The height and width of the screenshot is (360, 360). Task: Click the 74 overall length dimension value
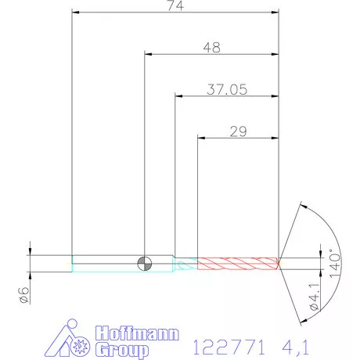(175, 5)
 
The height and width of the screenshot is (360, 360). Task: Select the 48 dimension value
(212, 48)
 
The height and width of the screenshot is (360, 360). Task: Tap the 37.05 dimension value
(227, 89)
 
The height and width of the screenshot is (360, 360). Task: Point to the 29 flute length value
(238, 131)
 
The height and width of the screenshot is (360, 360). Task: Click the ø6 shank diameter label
(23, 295)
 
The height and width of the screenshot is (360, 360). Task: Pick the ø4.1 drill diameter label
(315, 297)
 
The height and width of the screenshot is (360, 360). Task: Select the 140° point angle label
(335, 264)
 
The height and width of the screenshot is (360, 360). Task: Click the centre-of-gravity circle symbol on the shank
(145, 264)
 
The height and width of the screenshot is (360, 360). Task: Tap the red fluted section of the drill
(238, 264)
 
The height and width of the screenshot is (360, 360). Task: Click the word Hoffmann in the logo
(137, 333)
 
